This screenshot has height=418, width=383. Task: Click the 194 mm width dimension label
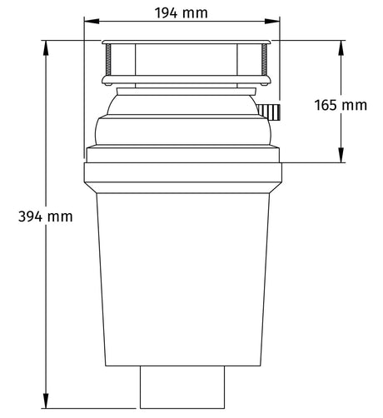[x=182, y=12]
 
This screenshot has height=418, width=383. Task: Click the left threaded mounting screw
[x=108, y=62]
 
